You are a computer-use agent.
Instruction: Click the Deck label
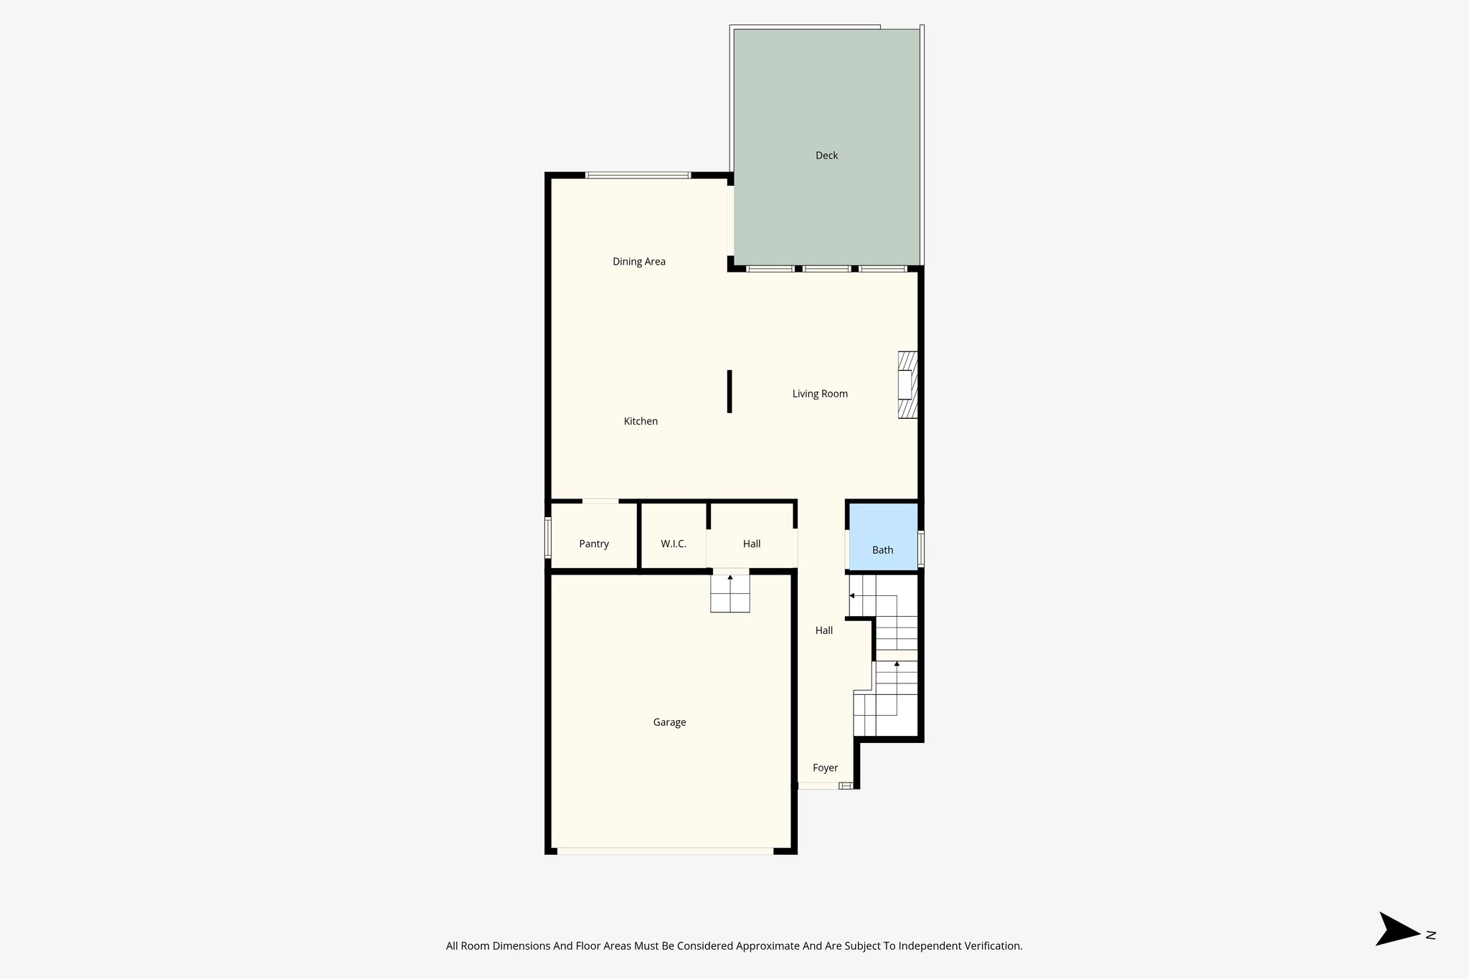(826, 156)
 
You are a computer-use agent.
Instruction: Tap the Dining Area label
(638, 262)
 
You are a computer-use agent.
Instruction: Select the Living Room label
(820, 394)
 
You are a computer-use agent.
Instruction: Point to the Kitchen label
(641, 421)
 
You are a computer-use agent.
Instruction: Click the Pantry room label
(594, 544)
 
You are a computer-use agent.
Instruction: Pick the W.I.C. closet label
(674, 544)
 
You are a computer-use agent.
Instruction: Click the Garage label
(669, 722)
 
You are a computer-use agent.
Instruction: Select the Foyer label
(825, 767)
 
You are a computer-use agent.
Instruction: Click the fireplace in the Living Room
(907, 384)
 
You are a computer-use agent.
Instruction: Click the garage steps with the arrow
(730, 592)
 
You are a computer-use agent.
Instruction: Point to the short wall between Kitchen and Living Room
(729, 391)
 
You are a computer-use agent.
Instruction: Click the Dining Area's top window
(638, 175)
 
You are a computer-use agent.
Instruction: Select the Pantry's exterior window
(548, 537)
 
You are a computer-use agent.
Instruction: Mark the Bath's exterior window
(921, 548)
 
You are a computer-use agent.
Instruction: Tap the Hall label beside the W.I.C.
(752, 544)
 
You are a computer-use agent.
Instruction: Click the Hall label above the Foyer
(823, 630)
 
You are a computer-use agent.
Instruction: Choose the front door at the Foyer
(819, 785)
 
